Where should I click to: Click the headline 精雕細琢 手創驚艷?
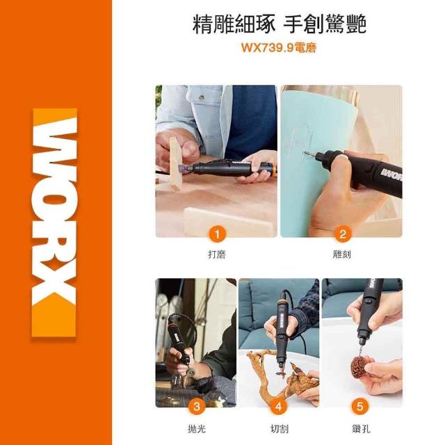tap(280, 24)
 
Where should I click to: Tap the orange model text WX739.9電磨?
tap(278, 48)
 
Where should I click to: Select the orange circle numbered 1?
tap(217, 235)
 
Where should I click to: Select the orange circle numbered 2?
tap(343, 234)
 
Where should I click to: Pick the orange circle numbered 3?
tap(196, 406)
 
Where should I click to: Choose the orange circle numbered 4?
tap(278, 406)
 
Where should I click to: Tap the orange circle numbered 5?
tap(360, 406)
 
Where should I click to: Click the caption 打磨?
tap(217, 254)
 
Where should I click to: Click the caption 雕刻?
tap(342, 254)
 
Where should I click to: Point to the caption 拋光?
tap(197, 428)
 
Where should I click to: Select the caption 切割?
tap(280, 428)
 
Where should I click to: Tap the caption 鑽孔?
tap(361, 428)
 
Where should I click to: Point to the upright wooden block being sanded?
tap(176, 164)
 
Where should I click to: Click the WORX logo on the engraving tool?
tap(391, 175)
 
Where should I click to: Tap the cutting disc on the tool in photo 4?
tap(281, 374)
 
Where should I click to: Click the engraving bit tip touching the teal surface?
tap(305, 154)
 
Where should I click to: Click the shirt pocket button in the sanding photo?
tap(202, 98)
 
